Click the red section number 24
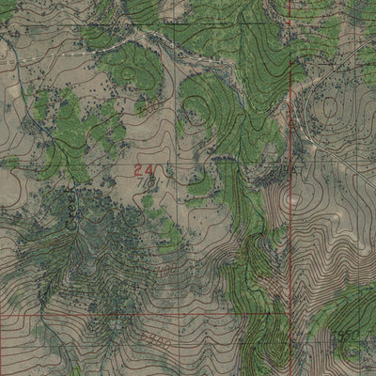pyautogui.click(x=144, y=169)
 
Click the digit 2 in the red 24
pyautogui.click(x=138, y=169)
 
